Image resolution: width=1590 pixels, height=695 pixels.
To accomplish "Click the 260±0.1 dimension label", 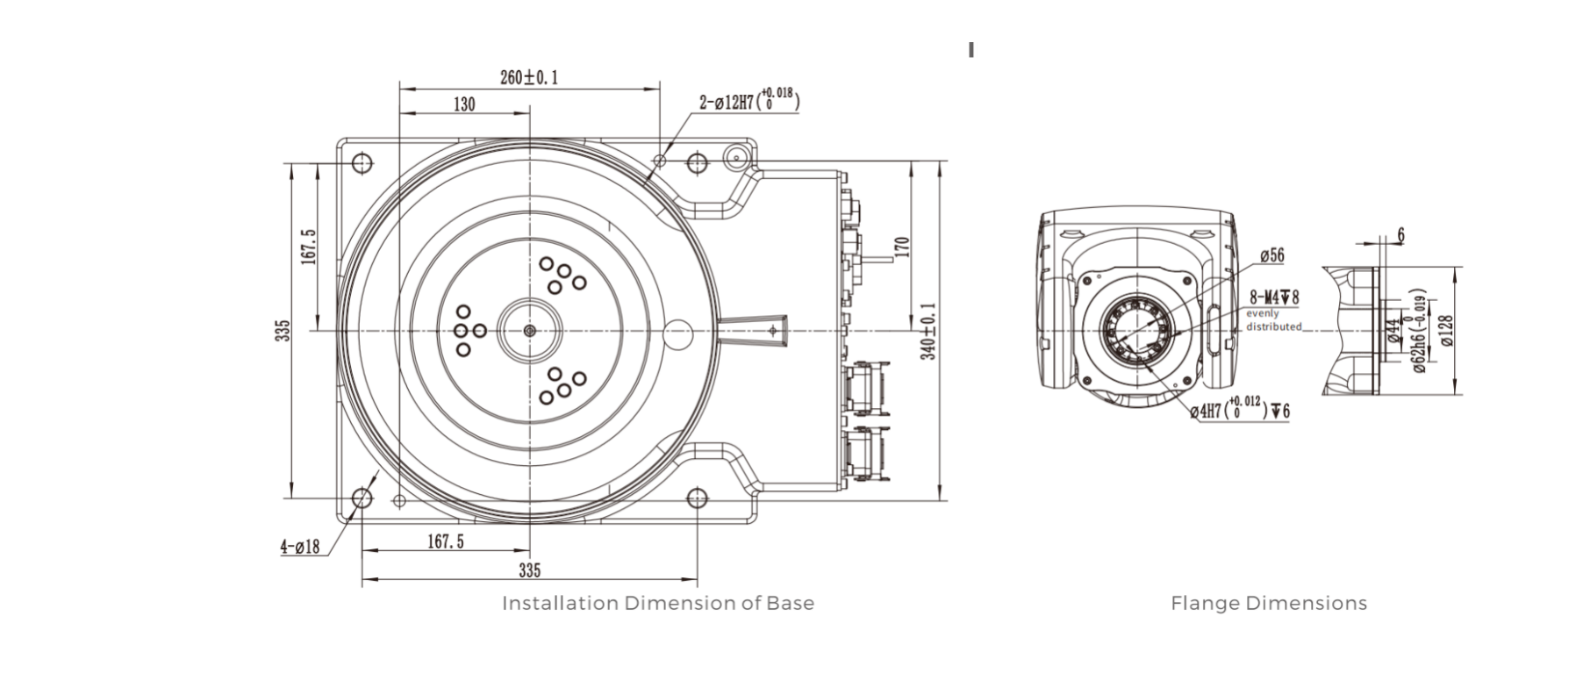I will pyautogui.click(x=529, y=77).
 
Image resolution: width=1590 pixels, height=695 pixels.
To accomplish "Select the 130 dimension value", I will pyautogui.click(x=464, y=104).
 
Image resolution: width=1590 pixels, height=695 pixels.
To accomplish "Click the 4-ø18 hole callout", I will pyautogui.click(x=300, y=547).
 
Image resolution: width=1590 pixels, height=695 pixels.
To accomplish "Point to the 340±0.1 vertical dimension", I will pyautogui.click(x=929, y=331).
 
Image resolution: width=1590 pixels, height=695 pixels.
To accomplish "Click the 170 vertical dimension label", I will pyautogui.click(x=903, y=247).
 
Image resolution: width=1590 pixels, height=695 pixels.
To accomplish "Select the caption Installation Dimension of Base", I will pyautogui.click(x=657, y=603).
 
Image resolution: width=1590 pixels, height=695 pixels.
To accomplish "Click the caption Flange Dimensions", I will pyautogui.click(x=1268, y=603).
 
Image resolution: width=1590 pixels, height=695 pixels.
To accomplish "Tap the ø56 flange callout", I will pyautogui.click(x=1271, y=256).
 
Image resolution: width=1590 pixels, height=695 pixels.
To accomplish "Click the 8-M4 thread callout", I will pyautogui.click(x=1273, y=297).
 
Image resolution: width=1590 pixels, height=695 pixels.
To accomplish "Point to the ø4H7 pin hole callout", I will pyautogui.click(x=1239, y=410).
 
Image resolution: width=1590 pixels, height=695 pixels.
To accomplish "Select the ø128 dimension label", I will pyautogui.click(x=1447, y=331).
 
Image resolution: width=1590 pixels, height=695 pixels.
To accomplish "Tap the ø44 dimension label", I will pyautogui.click(x=1393, y=331).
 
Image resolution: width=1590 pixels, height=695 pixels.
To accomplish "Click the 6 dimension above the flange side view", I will pyautogui.click(x=1400, y=234).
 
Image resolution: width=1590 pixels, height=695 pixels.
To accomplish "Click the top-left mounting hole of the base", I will pyautogui.click(x=362, y=163).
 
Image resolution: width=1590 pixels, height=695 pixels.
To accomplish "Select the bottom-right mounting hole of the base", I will pyautogui.click(x=697, y=498).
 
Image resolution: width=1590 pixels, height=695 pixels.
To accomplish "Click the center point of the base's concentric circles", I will pyautogui.click(x=529, y=331).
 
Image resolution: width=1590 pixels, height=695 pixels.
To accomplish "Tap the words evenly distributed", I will pyautogui.click(x=1273, y=319).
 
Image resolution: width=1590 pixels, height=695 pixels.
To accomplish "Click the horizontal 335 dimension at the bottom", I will pyautogui.click(x=529, y=570).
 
